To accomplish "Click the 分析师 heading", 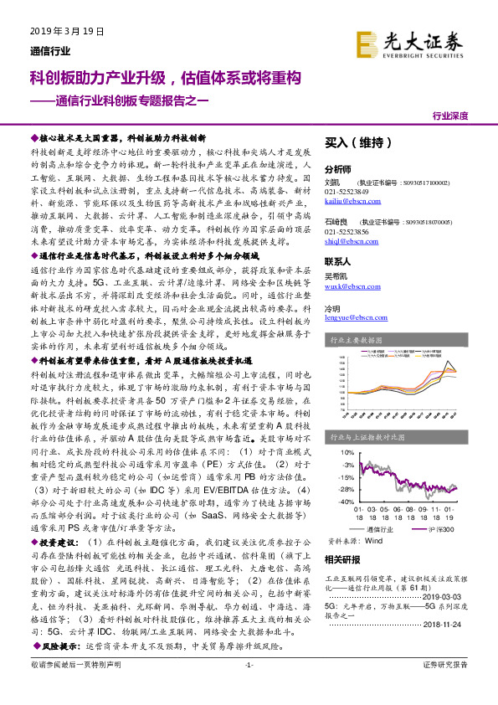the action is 338,167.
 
